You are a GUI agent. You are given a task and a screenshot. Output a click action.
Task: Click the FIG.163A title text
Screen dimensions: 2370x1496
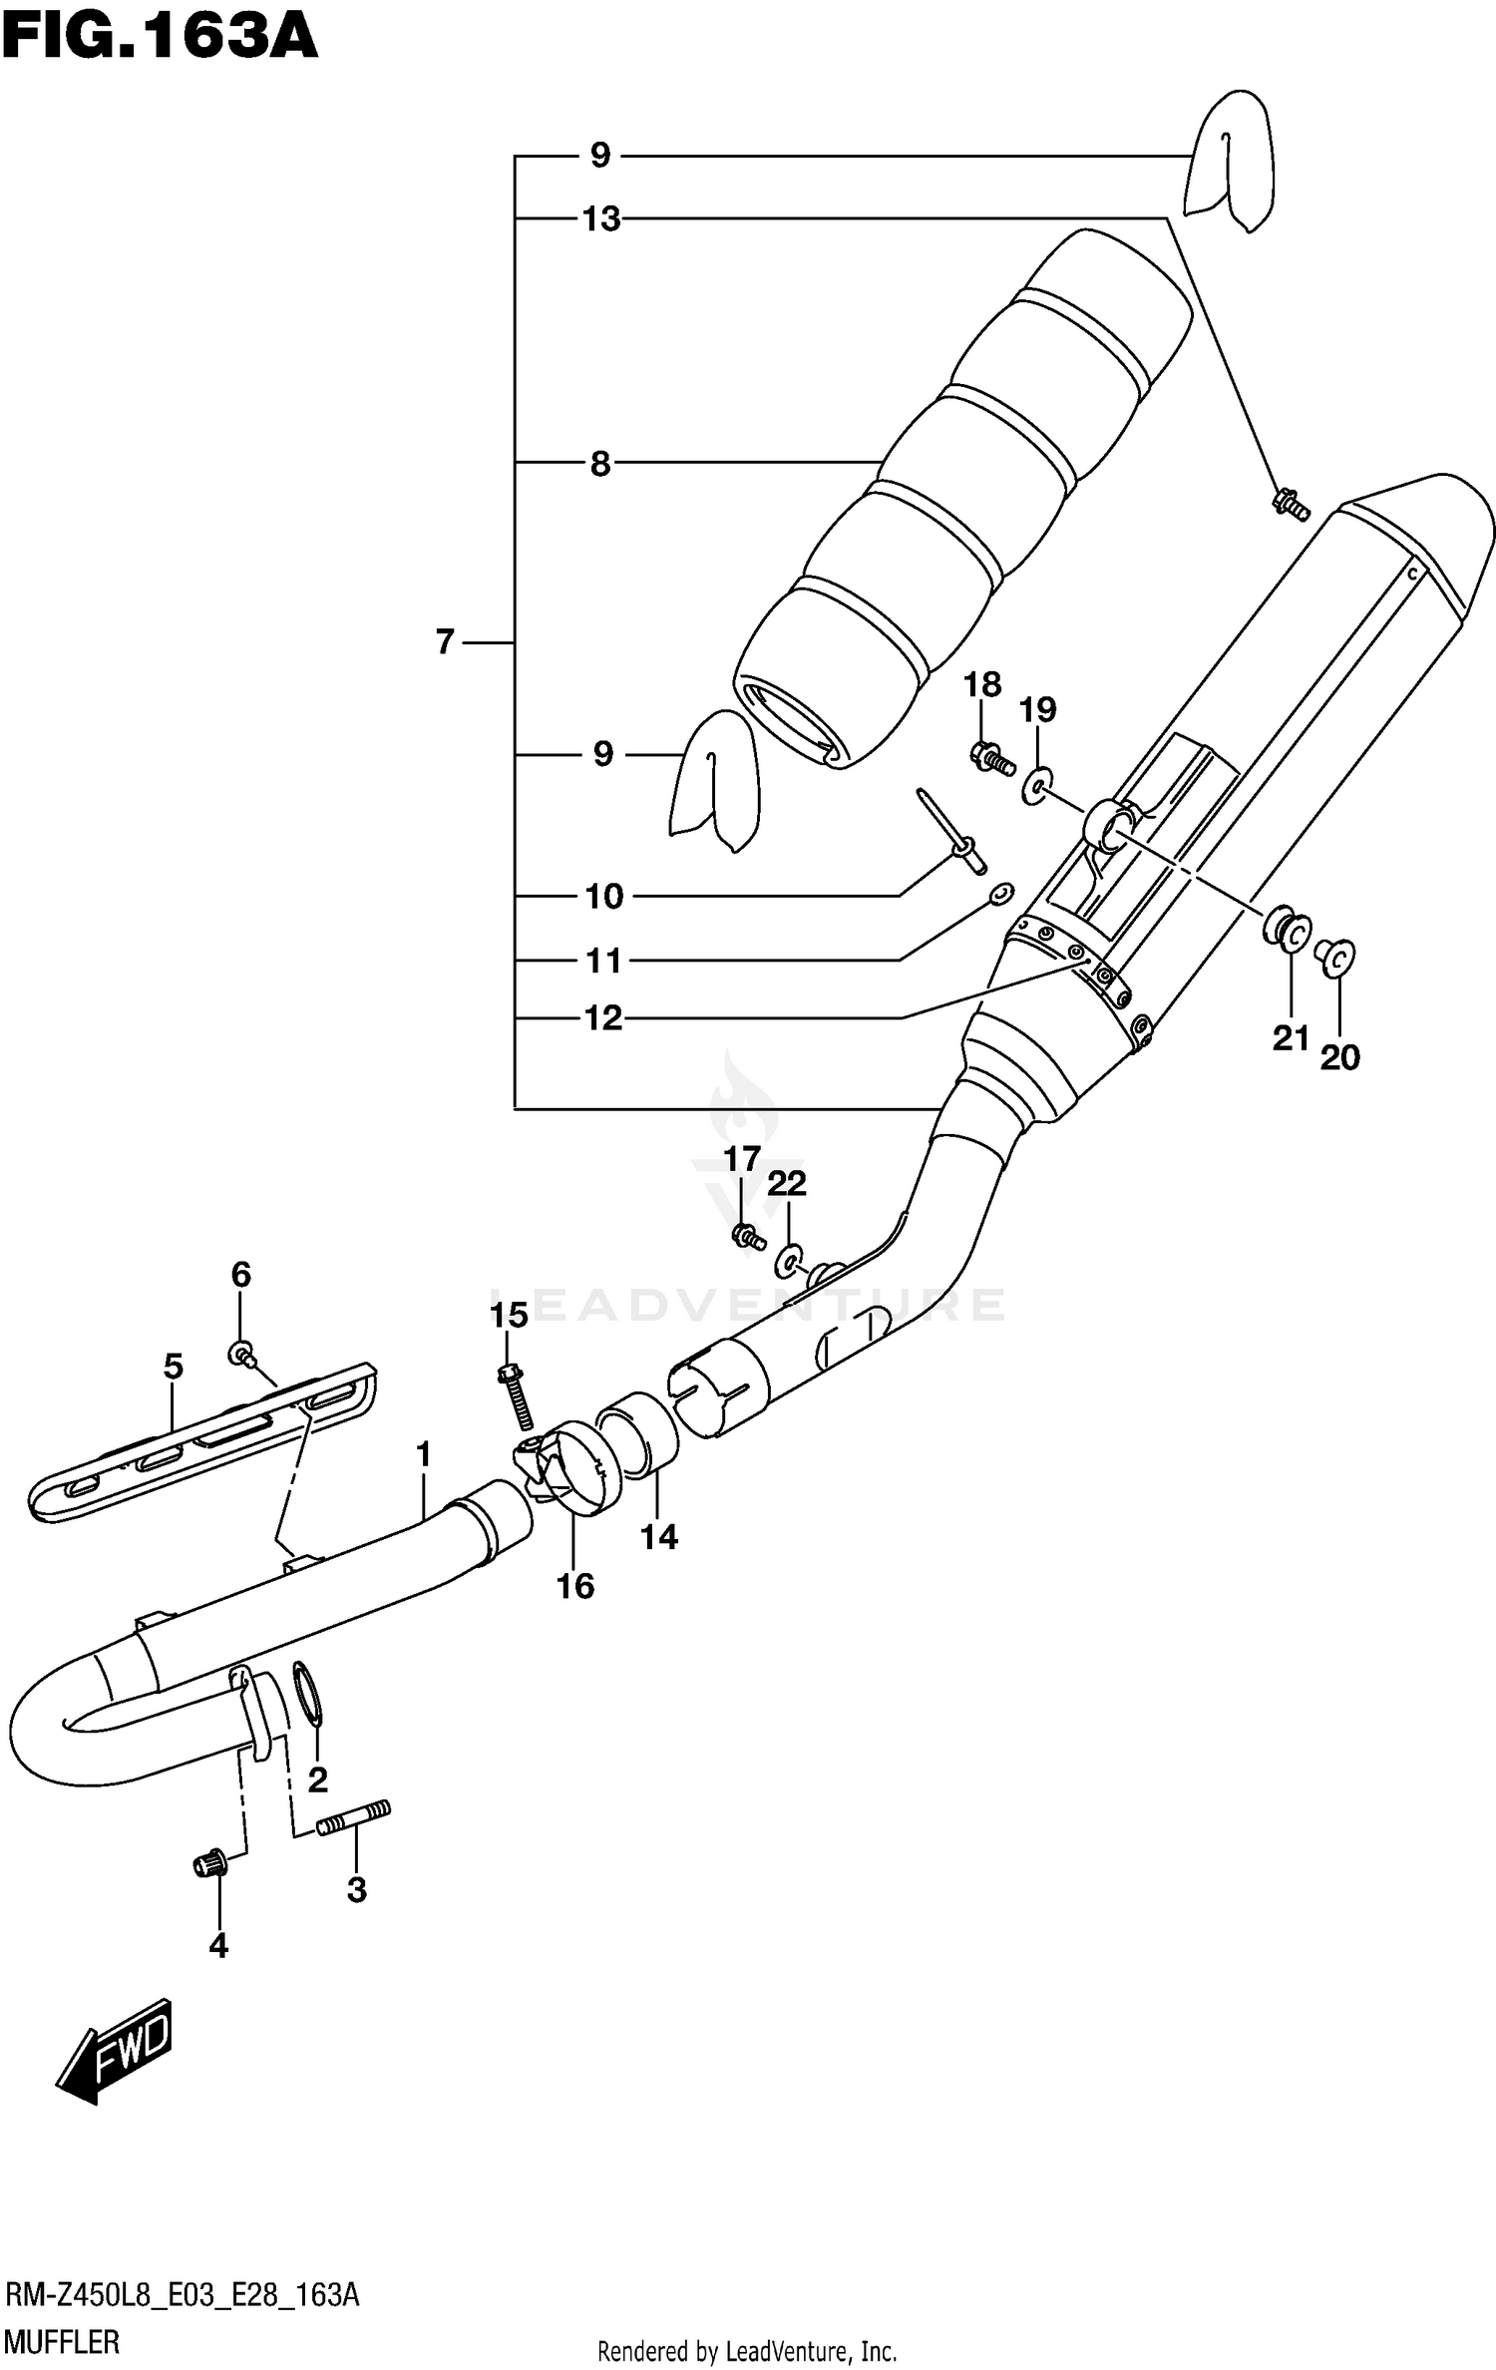click(160, 38)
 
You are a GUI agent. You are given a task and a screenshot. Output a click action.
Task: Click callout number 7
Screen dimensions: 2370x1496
click(445, 641)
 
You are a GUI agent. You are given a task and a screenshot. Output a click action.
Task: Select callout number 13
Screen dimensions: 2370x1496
click(601, 218)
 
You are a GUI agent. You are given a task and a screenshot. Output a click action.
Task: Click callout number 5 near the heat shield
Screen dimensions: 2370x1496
click(174, 1367)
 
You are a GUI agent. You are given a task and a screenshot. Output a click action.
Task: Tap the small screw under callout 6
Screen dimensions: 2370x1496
click(242, 1354)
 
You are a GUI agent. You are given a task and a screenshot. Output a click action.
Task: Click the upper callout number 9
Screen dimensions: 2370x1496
click(599, 155)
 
